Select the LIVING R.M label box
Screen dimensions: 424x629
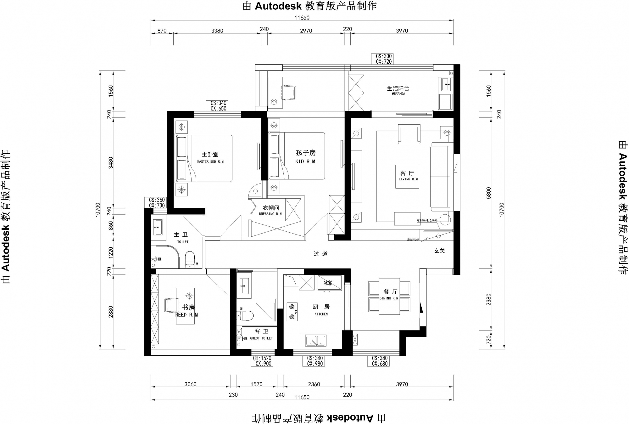coord(407,177)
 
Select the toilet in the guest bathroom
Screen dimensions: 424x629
coord(247,315)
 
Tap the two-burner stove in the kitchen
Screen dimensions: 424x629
coord(292,312)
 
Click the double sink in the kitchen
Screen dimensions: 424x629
coord(316,341)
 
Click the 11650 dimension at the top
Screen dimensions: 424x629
coord(302,18)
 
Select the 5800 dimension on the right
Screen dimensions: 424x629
coord(488,193)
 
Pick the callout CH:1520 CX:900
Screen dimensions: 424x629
coord(262,361)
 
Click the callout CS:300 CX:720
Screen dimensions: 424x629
coord(384,59)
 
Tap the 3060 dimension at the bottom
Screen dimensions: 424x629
coord(190,384)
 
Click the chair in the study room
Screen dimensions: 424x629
coord(172,305)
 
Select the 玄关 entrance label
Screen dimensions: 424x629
coord(439,251)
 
